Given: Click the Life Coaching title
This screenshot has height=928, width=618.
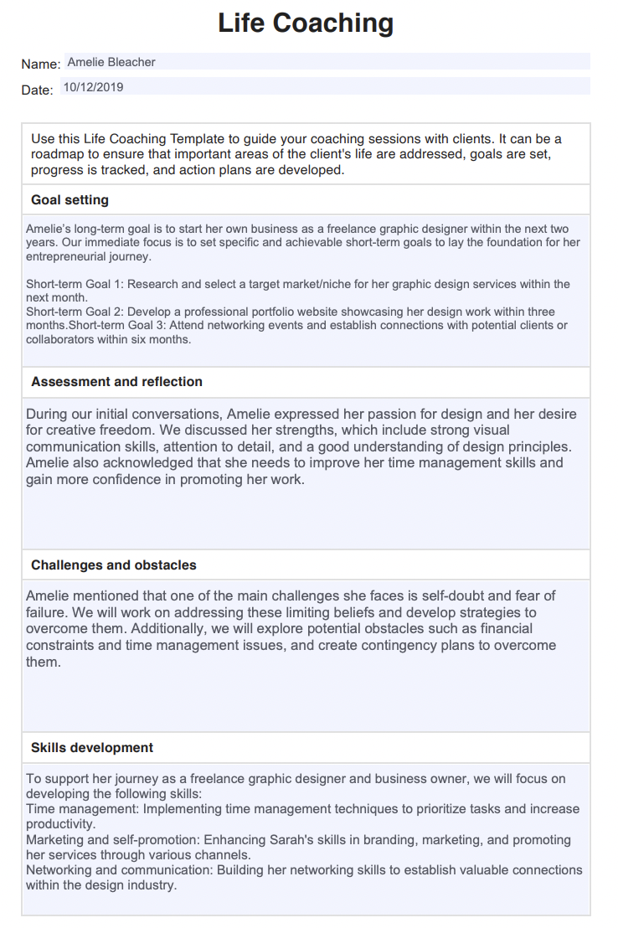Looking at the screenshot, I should [x=306, y=23].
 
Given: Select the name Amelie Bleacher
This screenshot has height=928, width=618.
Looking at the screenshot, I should [x=111, y=62].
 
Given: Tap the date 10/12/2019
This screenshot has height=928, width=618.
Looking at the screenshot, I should [x=93, y=87].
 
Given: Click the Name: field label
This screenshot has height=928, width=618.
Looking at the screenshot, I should [x=41, y=64].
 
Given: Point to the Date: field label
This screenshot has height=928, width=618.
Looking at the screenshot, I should [x=38, y=90].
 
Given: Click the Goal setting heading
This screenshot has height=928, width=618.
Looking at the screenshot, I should [x=70, y=200].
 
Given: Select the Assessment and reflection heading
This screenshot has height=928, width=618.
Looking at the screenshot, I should [x=116, y=382].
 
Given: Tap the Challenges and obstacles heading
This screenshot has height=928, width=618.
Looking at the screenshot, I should [x=114, y=565].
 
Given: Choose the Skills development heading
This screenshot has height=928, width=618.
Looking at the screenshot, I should [x=92, y=748].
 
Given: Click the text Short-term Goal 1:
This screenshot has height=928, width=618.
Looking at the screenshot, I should [x=75, y=284].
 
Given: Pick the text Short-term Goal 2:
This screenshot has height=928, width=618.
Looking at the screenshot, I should [x=75, y=312].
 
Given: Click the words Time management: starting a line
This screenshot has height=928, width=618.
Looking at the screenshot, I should [x=83, y=809].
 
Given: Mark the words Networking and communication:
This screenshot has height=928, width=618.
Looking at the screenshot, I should [x=120, y=870].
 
